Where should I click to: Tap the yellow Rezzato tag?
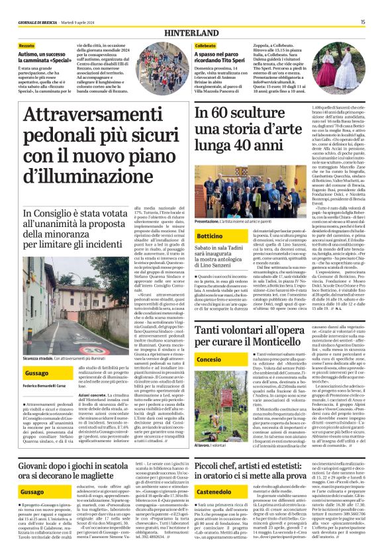[27, 44]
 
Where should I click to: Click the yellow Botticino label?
[209, 236]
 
